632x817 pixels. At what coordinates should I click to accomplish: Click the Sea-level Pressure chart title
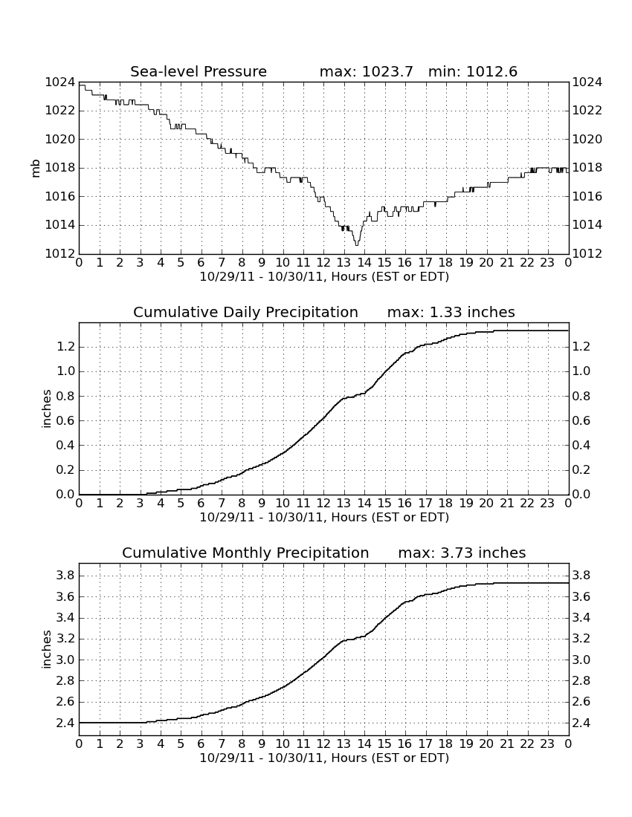(199, 71)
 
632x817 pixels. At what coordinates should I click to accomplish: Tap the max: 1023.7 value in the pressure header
(366, 71)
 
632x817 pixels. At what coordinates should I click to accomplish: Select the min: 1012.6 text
(473, 71)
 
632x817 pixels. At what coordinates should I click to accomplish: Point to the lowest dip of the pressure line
(357, 244)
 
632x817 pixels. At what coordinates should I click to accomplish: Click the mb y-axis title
(36, 169)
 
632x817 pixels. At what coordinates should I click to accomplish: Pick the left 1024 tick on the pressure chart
(60, 82)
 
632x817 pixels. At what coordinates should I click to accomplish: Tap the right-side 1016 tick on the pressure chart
(587, 196)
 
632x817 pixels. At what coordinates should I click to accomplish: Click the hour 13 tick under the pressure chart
(344, 262)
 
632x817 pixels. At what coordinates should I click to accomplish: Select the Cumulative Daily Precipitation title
(245, 312)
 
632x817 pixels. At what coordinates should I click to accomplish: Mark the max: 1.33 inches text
(451, 312)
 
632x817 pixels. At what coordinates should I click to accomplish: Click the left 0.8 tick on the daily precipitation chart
(65, 396)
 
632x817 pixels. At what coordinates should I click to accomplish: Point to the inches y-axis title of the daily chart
(47, 409)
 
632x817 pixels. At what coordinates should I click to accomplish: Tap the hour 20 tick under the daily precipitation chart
(486, 503)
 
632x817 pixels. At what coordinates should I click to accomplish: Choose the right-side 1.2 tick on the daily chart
(582, 347)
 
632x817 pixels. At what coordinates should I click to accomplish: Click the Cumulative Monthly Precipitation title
(245, 553)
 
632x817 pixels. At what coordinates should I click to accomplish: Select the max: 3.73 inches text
(462, 553)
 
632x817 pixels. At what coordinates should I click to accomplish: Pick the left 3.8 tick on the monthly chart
(65, 576)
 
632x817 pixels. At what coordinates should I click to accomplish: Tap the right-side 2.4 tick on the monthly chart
(582, 723)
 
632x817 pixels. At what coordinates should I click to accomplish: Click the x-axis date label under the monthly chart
(324, 758)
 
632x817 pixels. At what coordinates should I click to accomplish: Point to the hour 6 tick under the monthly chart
(201, 743)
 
